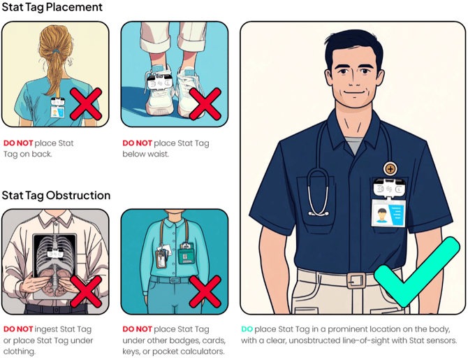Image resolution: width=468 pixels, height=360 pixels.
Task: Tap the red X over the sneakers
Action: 205,103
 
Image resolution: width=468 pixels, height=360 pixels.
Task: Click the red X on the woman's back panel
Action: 86,103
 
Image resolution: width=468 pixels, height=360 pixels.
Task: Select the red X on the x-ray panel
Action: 86,291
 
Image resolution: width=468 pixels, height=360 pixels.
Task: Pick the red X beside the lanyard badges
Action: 205,291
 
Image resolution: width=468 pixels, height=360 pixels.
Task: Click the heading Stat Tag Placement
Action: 52,7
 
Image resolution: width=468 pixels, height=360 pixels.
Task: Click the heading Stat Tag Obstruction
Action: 56,195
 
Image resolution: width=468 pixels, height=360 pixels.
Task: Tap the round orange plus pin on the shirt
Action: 390,168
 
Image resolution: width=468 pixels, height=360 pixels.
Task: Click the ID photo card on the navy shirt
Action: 388,213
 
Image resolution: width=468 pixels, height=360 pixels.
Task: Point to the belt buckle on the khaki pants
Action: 356,280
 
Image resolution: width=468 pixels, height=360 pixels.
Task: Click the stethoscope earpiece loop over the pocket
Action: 319,192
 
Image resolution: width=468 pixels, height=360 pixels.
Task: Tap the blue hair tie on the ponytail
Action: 57,52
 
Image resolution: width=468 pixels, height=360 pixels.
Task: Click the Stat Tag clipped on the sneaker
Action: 160,82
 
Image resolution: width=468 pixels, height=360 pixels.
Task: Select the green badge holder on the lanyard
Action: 187,254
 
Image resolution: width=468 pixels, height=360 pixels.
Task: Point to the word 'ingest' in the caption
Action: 46,329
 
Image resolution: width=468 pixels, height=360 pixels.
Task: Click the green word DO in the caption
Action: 247,329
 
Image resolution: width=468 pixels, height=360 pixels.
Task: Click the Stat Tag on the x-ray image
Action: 56,253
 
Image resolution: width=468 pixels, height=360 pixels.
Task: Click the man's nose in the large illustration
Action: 353,78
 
